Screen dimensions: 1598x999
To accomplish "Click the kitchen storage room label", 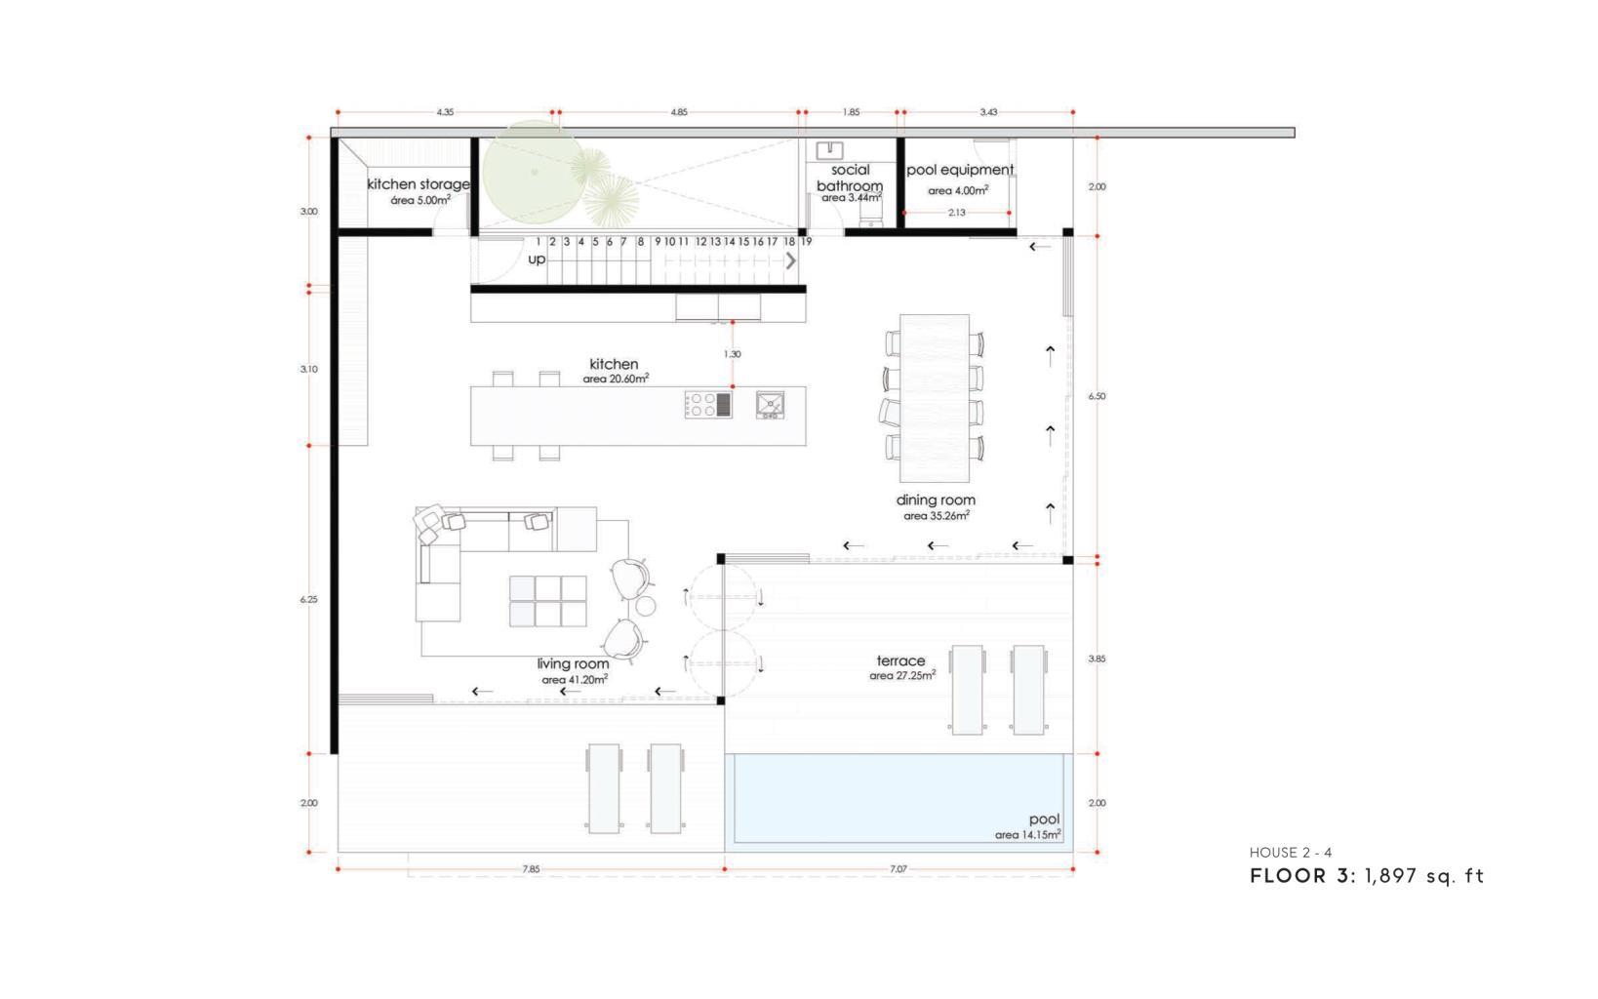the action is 419,184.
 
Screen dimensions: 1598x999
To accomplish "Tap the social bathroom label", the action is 850,178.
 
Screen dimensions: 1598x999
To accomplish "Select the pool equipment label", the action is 960,170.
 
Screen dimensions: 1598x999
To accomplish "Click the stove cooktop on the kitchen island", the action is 708,405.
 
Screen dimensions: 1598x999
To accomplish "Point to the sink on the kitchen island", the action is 771,405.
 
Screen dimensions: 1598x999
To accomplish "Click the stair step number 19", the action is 806,242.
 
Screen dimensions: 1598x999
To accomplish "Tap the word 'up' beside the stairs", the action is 537,260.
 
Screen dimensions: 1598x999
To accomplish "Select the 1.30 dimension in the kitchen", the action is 732,354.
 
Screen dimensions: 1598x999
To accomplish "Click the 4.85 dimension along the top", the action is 679,112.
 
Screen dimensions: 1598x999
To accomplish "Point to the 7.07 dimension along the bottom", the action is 899,869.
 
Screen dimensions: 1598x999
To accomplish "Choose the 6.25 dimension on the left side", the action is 308,599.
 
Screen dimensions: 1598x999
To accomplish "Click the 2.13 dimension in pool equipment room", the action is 957,212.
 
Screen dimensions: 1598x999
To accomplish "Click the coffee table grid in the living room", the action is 548,601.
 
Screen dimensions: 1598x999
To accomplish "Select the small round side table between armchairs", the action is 646,607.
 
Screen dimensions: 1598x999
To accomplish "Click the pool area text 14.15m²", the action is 1028,834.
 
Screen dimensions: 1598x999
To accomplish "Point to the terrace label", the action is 901,660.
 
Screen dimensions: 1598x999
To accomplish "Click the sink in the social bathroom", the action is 829,150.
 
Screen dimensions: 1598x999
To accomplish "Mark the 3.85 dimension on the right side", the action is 1097,659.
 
